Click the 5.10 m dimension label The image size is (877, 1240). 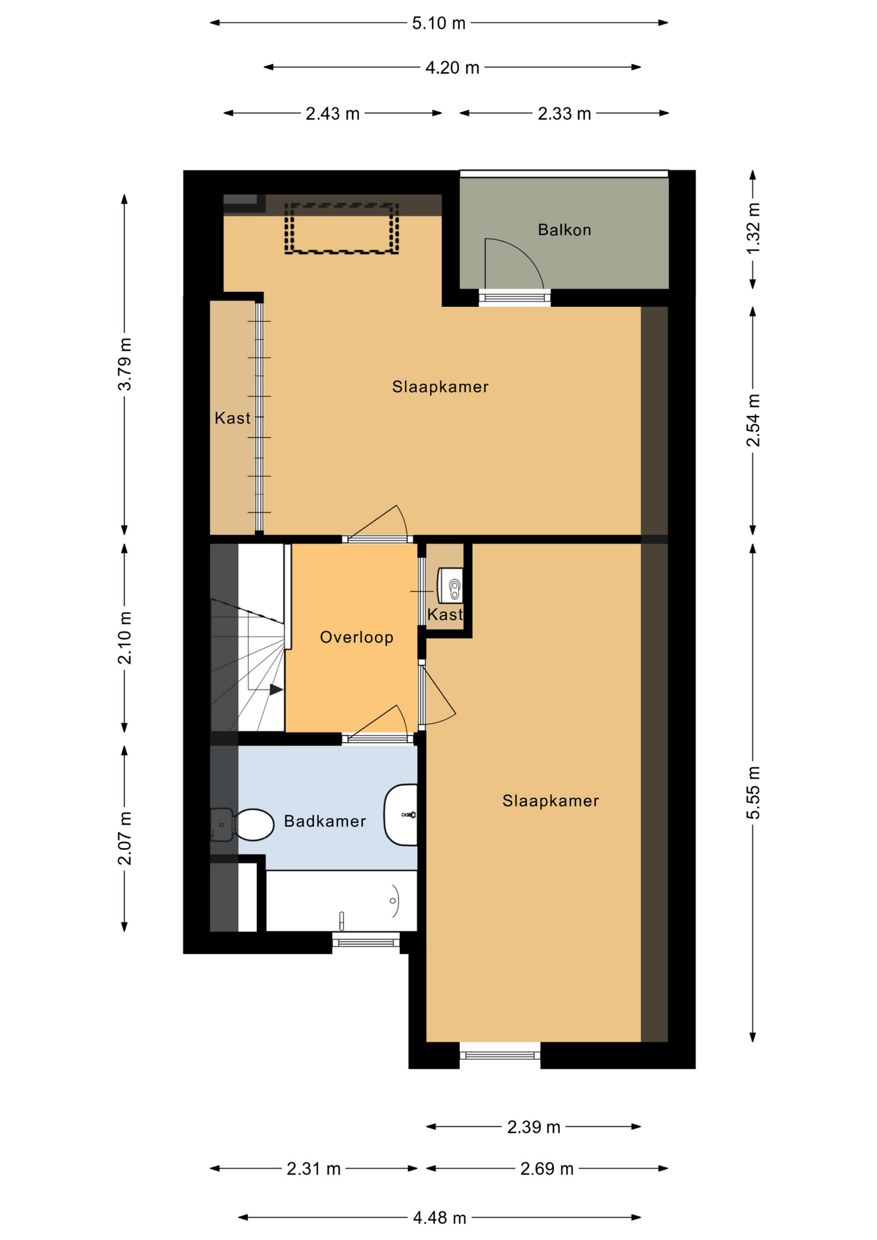(438, 23)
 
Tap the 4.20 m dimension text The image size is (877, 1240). (452, 68)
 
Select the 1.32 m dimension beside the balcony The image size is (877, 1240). (753, 229)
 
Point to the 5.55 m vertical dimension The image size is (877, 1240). (753, 792)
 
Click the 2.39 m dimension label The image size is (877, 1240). (533, 1127)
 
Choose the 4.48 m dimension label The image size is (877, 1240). (439, 1218)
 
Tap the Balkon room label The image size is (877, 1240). (564, 230)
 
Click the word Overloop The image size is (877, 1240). (356, 637)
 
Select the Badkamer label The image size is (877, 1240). (325, 821)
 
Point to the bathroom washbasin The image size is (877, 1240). (402, 815)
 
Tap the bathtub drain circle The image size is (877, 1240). (393, 900)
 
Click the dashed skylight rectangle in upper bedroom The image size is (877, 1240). (342, 228)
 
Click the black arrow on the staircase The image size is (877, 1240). (276, 690)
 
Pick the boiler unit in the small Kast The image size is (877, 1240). (451, 585)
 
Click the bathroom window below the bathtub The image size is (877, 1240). (366, 942)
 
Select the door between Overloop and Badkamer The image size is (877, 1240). (377, 737)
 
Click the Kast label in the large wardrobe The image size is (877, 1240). (232, 418)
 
